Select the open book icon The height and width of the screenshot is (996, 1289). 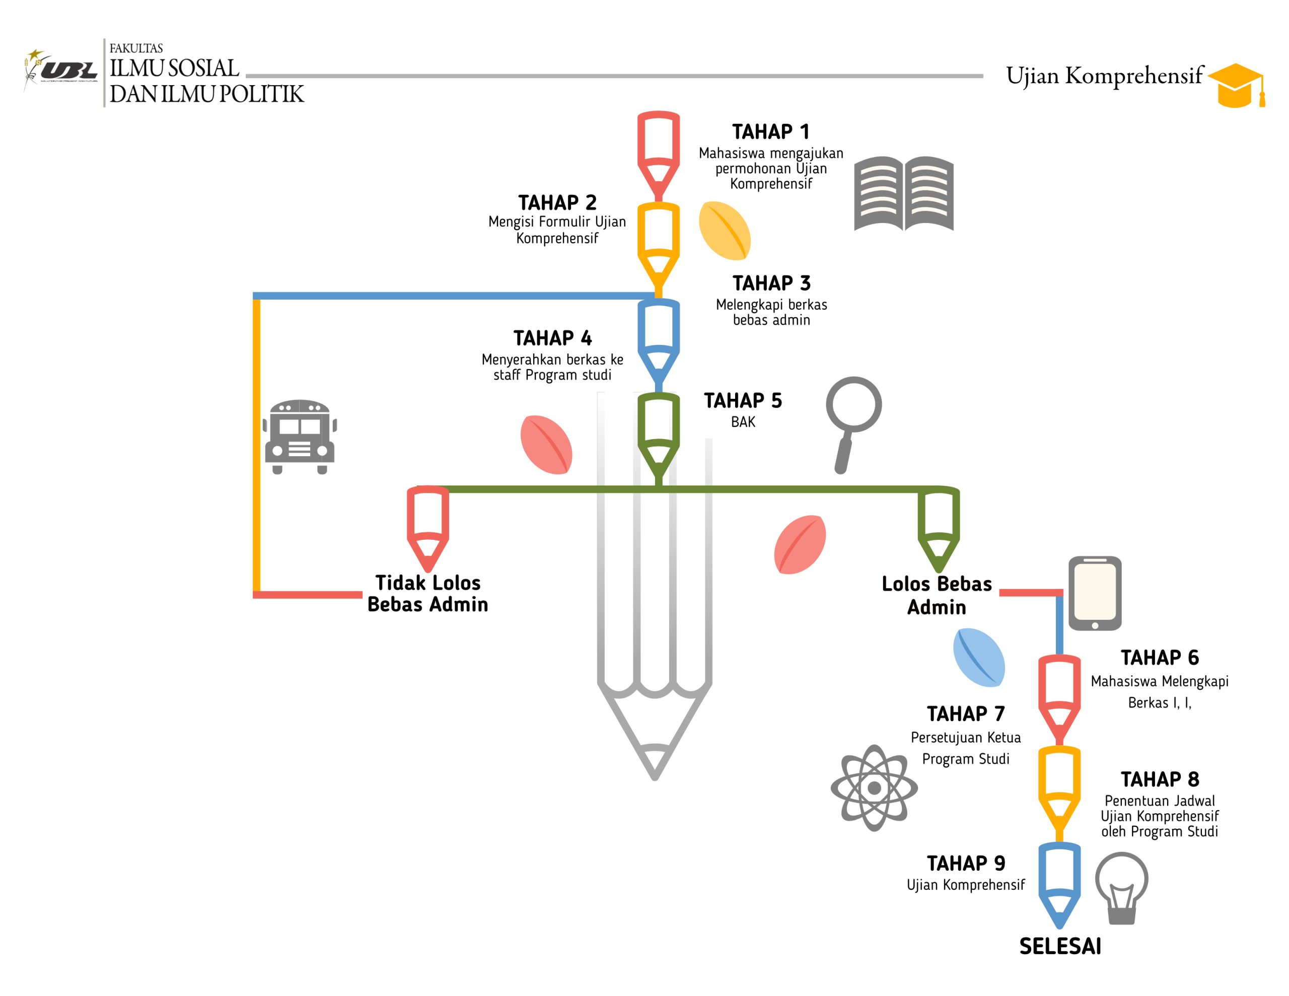904,194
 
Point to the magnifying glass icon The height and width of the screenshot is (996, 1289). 853,420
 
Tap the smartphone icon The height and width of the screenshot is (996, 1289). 1095,593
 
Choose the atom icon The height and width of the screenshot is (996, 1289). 874,788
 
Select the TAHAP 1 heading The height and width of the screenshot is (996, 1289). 771,131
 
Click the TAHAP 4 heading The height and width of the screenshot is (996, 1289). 552,338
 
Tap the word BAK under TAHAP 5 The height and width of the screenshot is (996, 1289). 743,422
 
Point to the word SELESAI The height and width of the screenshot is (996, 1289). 1060,947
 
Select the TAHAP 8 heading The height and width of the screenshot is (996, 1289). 1160,779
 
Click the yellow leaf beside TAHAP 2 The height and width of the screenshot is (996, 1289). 724,231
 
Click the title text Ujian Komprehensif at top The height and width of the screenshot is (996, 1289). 1104,76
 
